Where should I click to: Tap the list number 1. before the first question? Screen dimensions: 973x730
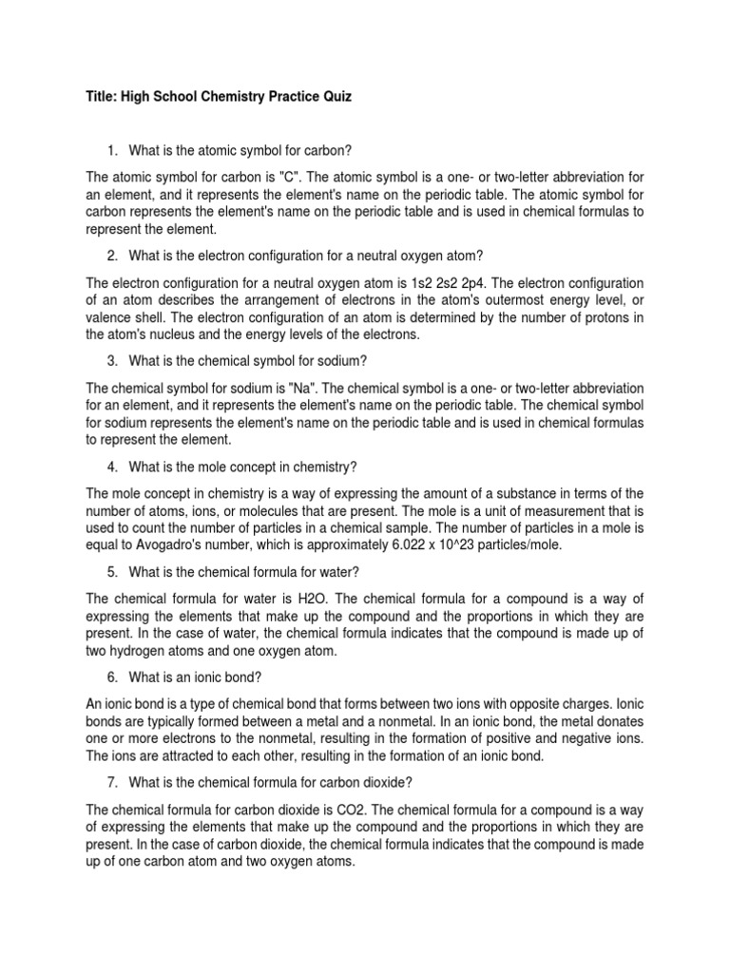tap(112, 150)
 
